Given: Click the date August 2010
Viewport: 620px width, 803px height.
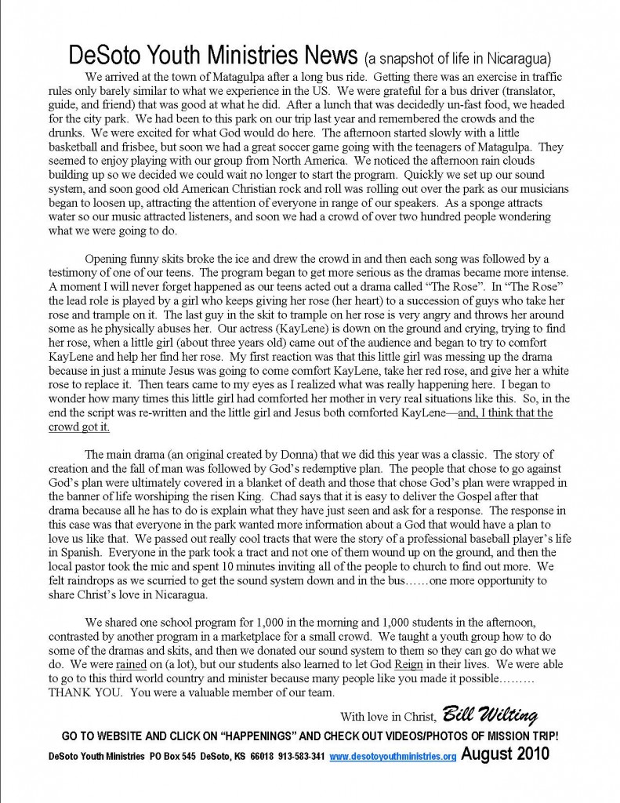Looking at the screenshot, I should click(x=505, y=756).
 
